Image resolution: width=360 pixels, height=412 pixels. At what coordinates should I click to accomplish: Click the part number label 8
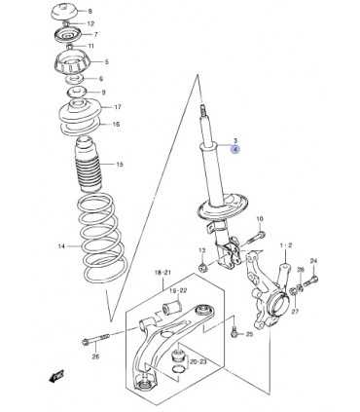click(x=90, y=11)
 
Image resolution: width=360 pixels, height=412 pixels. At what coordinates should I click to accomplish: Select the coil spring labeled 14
click(x=101, y=238)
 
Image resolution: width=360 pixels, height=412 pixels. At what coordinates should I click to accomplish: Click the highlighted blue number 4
click(x=235, y=149)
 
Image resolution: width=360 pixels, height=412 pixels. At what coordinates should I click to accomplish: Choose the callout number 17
click(x=118, y=107)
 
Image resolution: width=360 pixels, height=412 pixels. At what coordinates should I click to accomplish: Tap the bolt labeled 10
click(x=257, y=238)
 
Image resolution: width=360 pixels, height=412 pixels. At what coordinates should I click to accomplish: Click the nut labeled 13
click(x=203, y=268)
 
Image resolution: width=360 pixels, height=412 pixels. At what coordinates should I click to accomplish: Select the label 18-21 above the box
click(x=162, y=273)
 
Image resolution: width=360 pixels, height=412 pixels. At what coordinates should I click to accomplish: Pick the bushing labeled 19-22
click(x=171, y=308)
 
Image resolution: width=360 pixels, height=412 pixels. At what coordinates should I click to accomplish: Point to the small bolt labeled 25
click(x=234, y=331)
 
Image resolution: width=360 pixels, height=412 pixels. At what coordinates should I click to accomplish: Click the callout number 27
click(x=295, y=312)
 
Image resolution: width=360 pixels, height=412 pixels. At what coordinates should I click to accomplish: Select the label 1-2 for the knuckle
click(x=286, y=245)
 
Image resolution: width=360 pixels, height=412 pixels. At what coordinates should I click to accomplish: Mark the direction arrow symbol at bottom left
click(x=56, y=377)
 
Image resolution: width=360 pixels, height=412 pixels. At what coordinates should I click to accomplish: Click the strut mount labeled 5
click(x=74, y=64)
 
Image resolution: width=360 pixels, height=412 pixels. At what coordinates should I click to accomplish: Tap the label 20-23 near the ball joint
click(x=198, y=362)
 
